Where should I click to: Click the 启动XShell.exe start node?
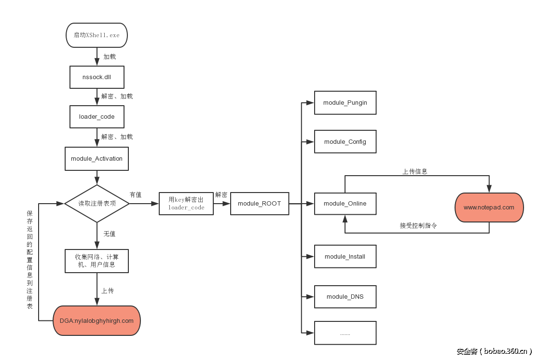point(97,35)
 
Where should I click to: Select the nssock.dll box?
point(97,77)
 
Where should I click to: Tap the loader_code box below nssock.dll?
point(97,117)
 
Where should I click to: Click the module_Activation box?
point(97,159)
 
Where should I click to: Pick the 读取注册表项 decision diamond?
point(97,204)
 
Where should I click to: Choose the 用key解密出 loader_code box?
point(186,204)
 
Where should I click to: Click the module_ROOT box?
point(259,204)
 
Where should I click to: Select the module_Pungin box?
point(345,103)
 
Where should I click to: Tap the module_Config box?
point(345,142)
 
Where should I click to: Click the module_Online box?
point(345,204)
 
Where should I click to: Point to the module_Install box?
point(345,257)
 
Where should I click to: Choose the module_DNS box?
point(345,296)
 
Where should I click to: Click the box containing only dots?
point(345,333)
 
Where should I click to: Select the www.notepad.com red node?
point(489,208)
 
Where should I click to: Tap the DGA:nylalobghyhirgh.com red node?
point(97,320)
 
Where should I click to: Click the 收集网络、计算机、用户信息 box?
point(97,261)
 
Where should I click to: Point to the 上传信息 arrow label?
point(415,171)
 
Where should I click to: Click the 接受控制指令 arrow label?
point(418,226)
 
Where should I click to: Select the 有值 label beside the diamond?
point(136,195)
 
